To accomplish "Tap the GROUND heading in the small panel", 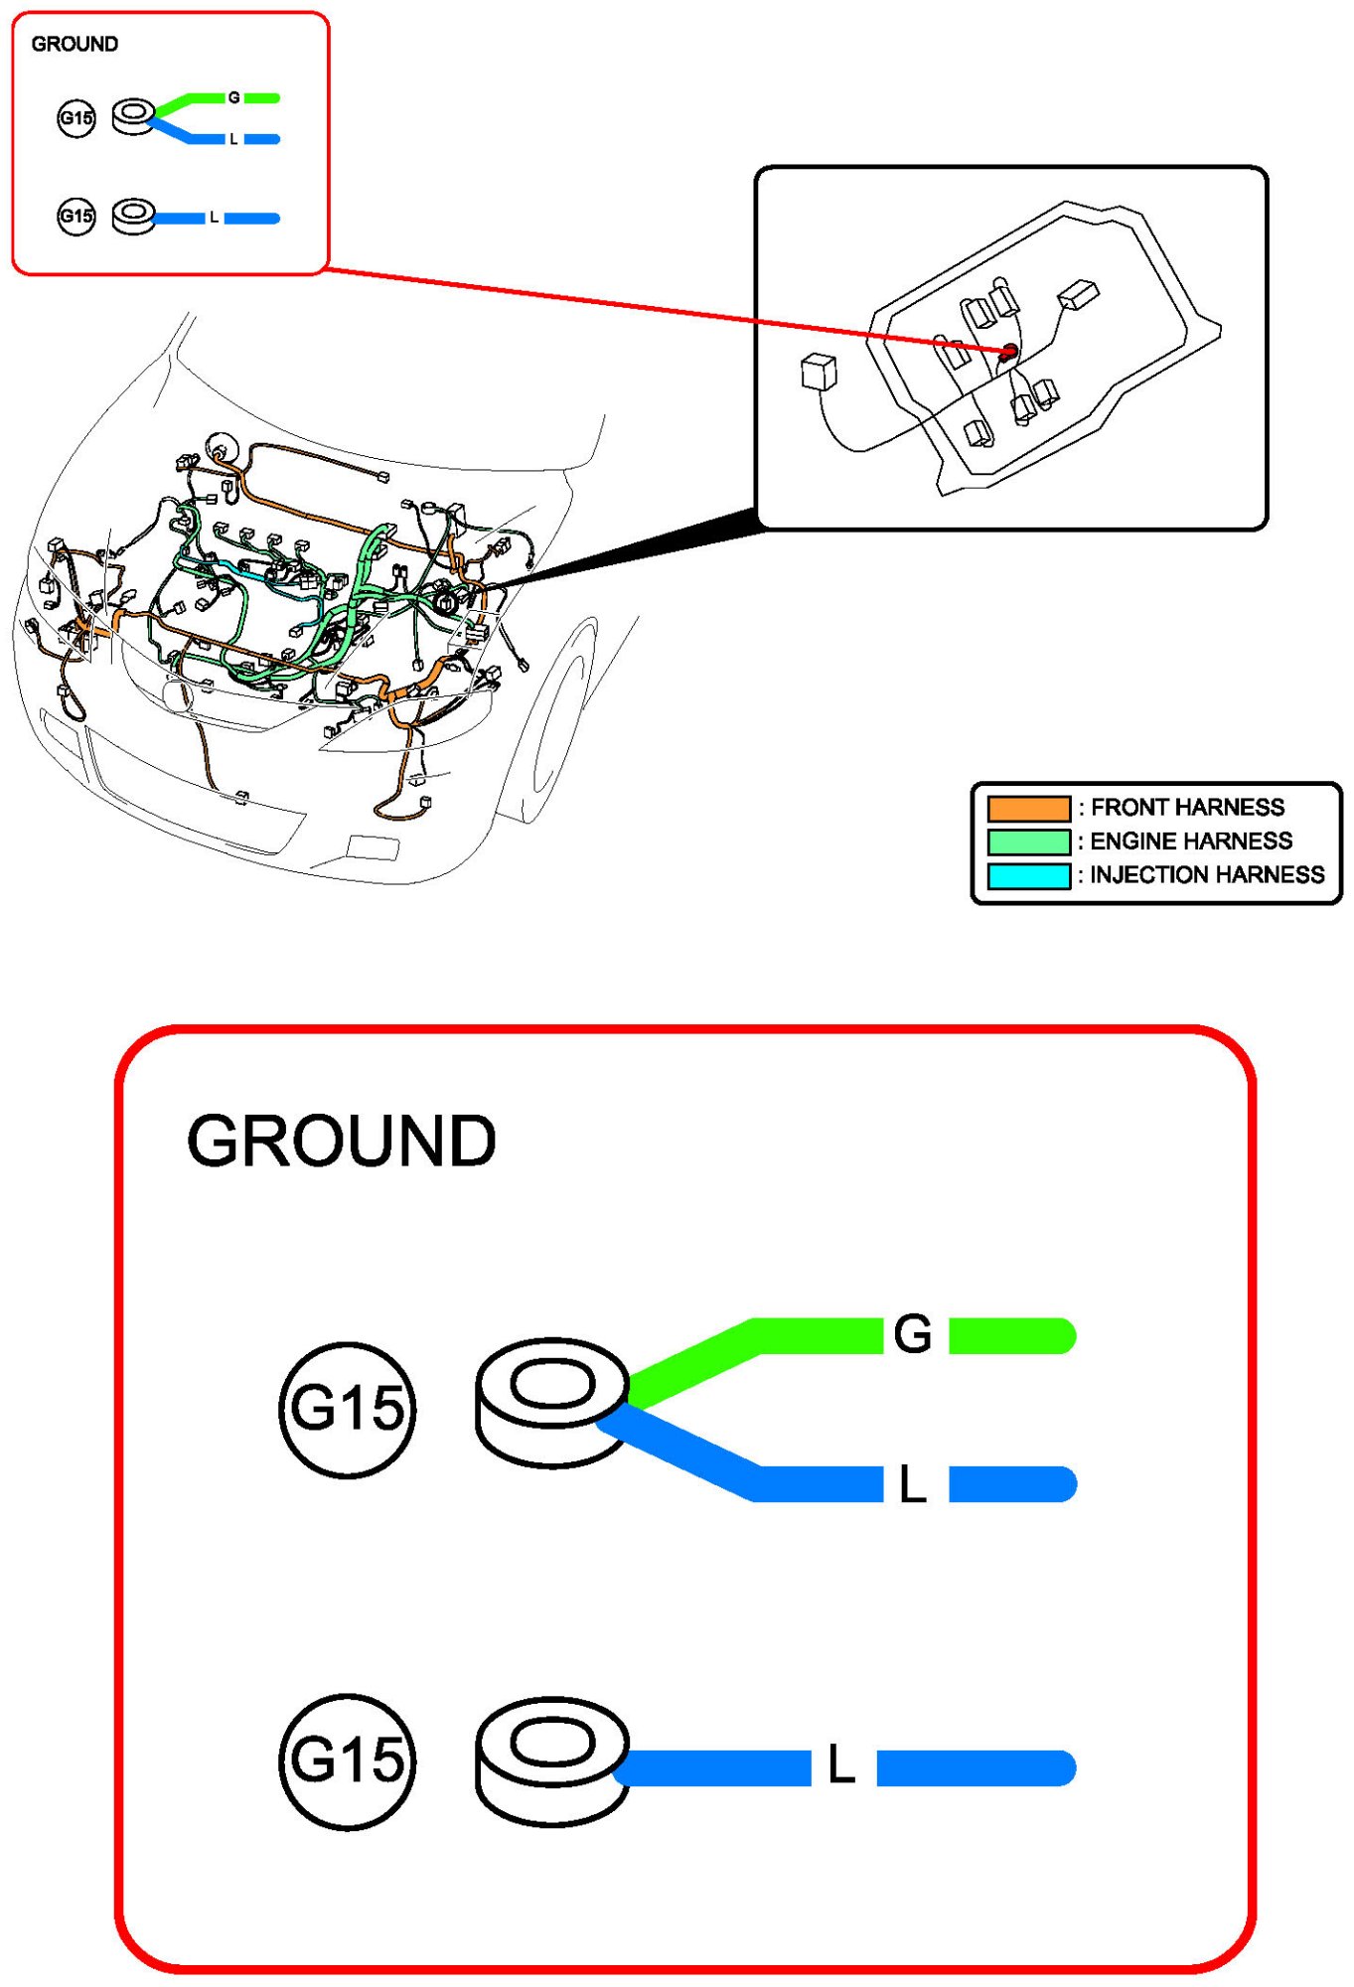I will pyautogui.click(x=75, y=44).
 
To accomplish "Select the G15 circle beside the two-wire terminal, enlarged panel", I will pyautogui.click(x=347, y=1409).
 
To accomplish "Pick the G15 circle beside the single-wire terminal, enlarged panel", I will pyautogui.click(x=347, y=1760).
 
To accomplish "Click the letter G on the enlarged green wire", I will pyautogui.click(x=913, y=1334).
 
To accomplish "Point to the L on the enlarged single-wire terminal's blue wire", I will pyautogui.click(x=841, y=1765).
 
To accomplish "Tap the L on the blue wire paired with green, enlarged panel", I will pyautogui.click(x=913, y=1484).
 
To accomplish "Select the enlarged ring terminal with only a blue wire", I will pyautogui.click(x=551, y=1760).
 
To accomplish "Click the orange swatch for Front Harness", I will pyautogui.click(x=1028, y=808).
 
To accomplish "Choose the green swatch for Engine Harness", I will pyautogui.click(x=1028, y=841).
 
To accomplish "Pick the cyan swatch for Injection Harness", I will pyautogui.click(x=1028, y=875).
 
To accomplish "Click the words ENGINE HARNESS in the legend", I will pyautogui.click(x=1191, y=841).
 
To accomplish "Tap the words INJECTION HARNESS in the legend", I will pyautogui.click(x=1207, y=875).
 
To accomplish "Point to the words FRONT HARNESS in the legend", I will pyautogui.click(x=1187, y=808).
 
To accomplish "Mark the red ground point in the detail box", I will pyautogui.click(x=1008, y=352).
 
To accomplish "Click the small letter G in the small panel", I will pyautogui.click(x=233, y=97).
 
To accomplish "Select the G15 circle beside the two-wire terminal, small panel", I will pyautogui.click(x=76, y=118).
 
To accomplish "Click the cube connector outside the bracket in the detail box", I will pyautogui.click(x=819, y=373).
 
